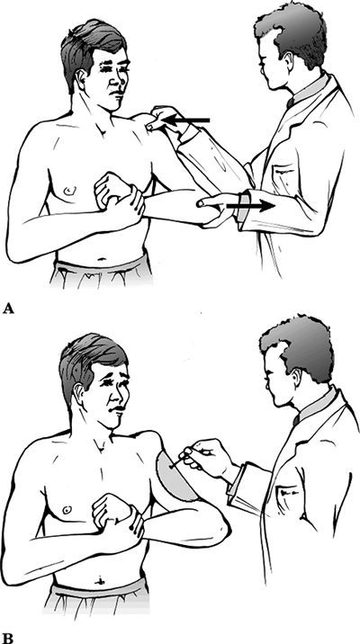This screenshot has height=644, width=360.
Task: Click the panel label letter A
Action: coord(8,309)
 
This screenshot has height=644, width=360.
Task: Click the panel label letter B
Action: coord(7,639)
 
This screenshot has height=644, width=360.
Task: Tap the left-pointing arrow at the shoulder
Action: coord(186,121)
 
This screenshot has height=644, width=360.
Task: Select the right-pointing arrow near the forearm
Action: coord(250,206)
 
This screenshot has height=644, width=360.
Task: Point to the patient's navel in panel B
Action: coord(100,582)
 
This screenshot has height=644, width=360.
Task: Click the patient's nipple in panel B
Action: coord(67,510)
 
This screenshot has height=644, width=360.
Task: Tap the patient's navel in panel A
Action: coord(101,260)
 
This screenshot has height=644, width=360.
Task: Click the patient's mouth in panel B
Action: coord(118,409)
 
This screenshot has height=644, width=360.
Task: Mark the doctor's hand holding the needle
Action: coord(204,456)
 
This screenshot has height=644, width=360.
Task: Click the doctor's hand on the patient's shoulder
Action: coord(166,119)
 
